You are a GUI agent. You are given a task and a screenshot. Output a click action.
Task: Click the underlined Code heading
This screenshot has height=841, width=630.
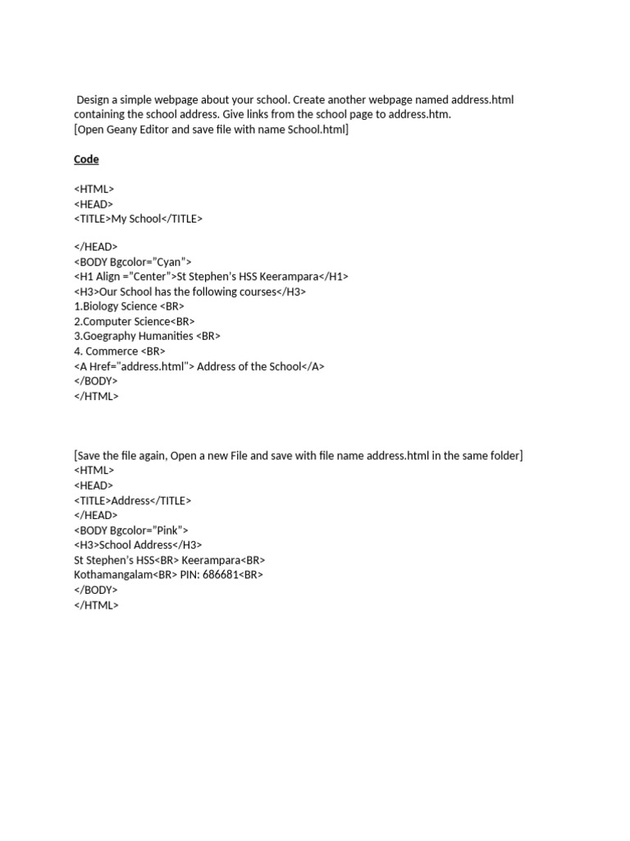coord(86,159)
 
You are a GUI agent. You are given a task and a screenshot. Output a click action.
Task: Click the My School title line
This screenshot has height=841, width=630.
coord(138,218)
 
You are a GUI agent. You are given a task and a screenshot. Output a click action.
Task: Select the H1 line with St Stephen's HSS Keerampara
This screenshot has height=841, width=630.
coord(211,277)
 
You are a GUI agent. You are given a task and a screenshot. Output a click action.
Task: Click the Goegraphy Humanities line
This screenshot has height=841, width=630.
coord(147,336)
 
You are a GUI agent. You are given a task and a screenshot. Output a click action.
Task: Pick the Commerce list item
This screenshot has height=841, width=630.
coord(120,351)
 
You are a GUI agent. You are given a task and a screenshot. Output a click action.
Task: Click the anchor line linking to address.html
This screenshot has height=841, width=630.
coord(199,366)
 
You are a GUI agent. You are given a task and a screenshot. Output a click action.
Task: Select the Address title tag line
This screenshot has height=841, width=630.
coord(132,500)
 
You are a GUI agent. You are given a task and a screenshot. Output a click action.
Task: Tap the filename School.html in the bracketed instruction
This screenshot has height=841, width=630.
coord(317,130)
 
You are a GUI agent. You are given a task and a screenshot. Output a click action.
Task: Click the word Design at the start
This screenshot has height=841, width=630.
coord(94,100)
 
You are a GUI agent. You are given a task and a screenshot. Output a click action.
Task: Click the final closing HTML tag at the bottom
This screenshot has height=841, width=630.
coord(96,604)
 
